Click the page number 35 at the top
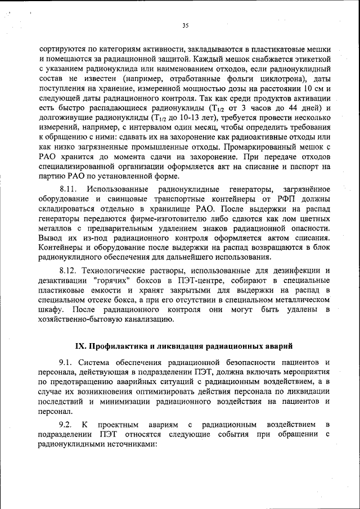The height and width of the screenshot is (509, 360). point(185,25)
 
